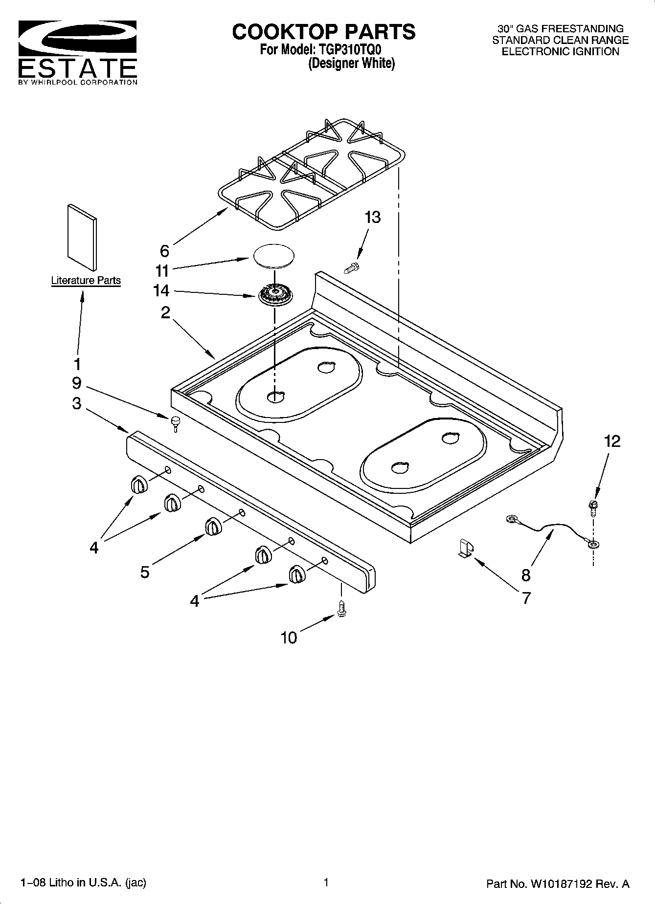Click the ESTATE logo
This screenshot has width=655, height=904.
(x=77, y=52)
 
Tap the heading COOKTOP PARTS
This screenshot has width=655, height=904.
(x=323, y=32)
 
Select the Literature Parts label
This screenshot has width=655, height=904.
(x=86, y=280)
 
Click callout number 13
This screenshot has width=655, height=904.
(x=373, y=217)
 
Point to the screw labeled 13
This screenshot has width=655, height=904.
(x=352, y=267)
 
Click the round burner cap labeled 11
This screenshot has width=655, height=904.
(x=275, y=256)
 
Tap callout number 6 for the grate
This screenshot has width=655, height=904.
(x=164, y=251)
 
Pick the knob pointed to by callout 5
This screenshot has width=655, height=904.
(x=213, y=526)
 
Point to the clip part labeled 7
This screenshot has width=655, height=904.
(x=466, y=548)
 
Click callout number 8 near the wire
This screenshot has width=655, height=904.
(x=526, y=575)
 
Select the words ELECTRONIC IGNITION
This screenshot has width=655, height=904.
(x=560, y=51)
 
